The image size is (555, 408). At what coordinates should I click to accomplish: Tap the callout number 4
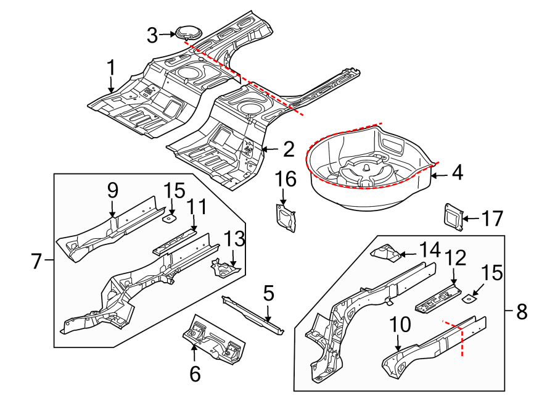pyautogui.click(x=456, y=173)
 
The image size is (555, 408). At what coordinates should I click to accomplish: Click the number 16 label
pyautogui.click(x=286, y=180)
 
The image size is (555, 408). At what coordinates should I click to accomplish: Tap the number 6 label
pyautogui.click(x=194, y=373)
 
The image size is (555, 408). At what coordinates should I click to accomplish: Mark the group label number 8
pyautogui.click(x=522, y=312)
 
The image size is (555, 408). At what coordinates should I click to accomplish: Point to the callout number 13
pyautogui.click(x=235, y=238)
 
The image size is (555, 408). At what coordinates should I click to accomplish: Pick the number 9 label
pyautogui.click(x=113, y=191)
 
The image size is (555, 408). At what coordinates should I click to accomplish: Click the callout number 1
pyautogui.click(x=111, y=67)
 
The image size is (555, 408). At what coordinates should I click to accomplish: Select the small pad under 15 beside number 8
pyautogui.click(x=469, y=298)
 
